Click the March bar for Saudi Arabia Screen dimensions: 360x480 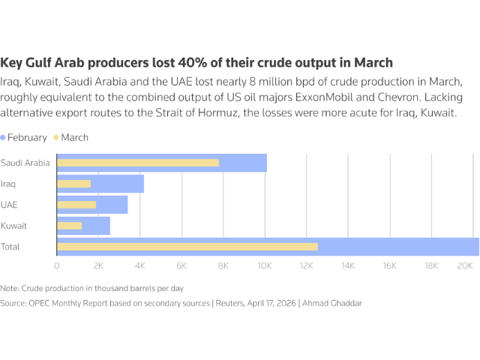click(138, 163)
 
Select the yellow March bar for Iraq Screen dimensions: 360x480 click(73, 184)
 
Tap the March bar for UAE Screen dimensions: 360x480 click(76, 205)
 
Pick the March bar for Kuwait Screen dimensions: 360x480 click(69, 226)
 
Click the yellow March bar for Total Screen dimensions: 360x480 click(187, 247)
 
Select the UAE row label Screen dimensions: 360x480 click(9, 205)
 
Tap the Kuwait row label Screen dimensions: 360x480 click(13, 226)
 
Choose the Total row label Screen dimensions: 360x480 click(10, 247)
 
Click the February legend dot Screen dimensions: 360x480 click(4, 138)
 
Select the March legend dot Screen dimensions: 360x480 click(55, 138)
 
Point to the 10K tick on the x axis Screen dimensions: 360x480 click(264, 265)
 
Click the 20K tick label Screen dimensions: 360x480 click(464, 265)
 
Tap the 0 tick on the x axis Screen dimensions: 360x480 click(57, 265)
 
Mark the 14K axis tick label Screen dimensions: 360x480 click(347, 265)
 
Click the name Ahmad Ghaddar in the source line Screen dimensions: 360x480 click(338, 303)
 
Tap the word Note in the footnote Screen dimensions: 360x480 click(10, 288)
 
